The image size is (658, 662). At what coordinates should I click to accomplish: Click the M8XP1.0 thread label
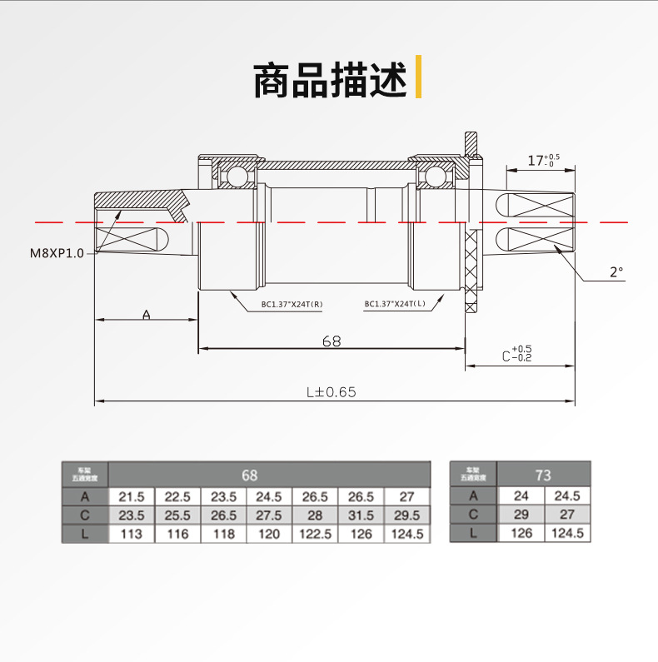[x=57, y=254]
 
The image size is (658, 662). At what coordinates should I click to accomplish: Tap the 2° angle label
[x=616, y=271]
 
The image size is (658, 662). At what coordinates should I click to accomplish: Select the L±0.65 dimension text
[x=331, y=391]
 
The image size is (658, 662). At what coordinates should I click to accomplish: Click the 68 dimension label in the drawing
[x=331, y=341]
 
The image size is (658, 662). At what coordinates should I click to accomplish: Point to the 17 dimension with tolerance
[x=544, y=160]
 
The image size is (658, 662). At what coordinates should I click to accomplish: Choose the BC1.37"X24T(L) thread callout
[x=395, y=304]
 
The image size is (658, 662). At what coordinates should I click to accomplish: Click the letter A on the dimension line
[x=147, y=315]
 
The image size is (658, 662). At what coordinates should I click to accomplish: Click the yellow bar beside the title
[x=417, y=77]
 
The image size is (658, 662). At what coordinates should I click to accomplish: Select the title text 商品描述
[x=330, y=79]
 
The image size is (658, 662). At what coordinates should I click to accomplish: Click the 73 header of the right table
[x=543, y=475]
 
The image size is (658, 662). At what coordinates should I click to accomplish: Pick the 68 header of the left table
[x=250, y=475]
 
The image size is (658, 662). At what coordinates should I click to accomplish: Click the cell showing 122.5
[x=316, y=534]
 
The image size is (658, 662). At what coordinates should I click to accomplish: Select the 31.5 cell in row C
[x=361, y=515]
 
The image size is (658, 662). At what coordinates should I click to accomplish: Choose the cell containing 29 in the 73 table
[x=521, y=515]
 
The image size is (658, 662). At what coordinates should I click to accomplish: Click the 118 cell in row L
[x=224, y=534]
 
